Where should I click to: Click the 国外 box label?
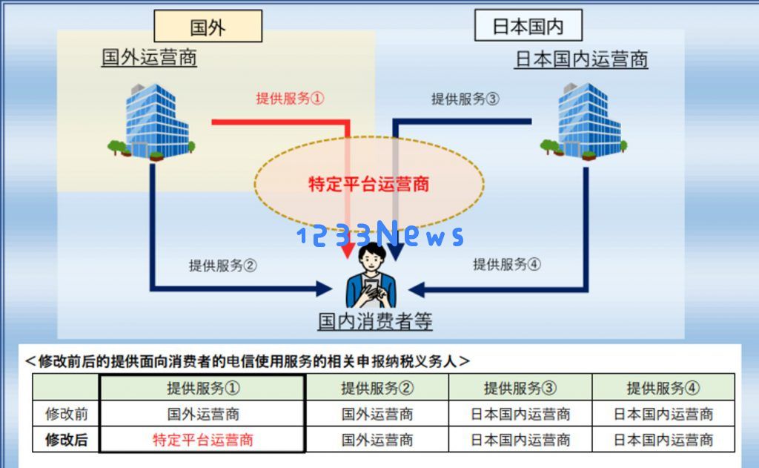tap(208, 27)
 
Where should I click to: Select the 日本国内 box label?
tap(528, 26)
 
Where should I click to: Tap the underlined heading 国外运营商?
tap(149, 57)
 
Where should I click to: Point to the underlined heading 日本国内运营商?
tap(581, 59)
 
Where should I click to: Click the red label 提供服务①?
tap(290, 99)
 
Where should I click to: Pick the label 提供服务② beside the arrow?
tap(222, 265)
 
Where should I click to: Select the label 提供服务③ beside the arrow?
tap(465, 99)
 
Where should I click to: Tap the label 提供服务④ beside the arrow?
tap(507, 264)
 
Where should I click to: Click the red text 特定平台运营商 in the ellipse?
tap(369, 184)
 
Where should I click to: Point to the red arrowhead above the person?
tap(348, 251)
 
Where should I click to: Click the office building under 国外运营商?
tap(152, 122)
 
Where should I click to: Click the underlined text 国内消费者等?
tap(375, 321)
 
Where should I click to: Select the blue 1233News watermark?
tap(380, 234)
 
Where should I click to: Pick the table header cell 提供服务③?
tap(520, 388)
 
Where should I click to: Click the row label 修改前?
tap(66, 414)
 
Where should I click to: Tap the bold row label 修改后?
tap(66, 439)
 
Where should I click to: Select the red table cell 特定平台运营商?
tap(203, 439)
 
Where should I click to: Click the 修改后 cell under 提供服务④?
tap(663, 439)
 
